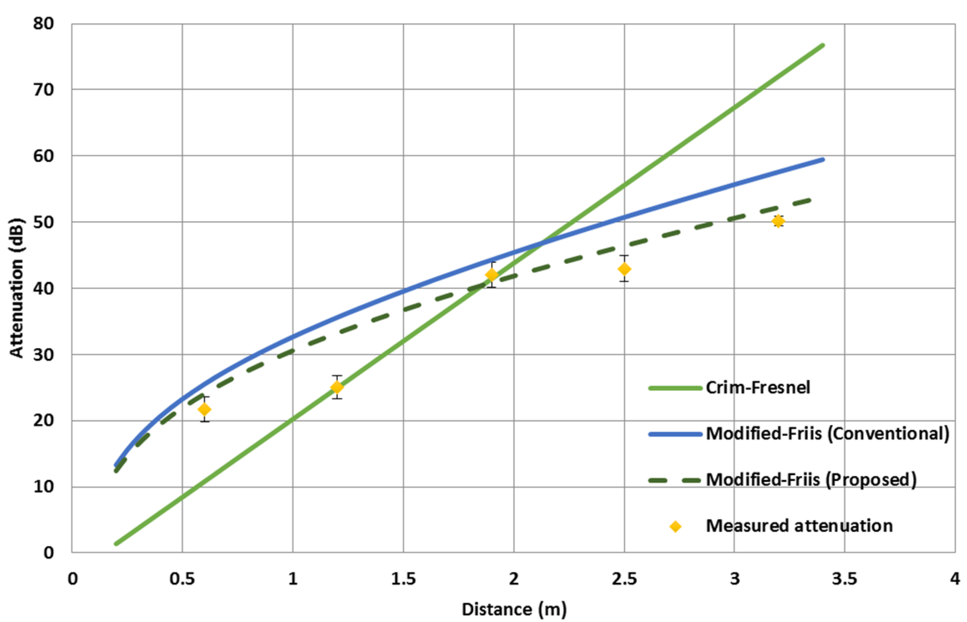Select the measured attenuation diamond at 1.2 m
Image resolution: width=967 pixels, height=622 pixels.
pyautogui.click(x=337, y=387)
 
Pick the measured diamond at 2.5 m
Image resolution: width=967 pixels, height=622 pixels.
pyautogui.click(x=624, y=269)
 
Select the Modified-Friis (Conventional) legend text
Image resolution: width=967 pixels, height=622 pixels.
pyautogui.click(x=827, y=434)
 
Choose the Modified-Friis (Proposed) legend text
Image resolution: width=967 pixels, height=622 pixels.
pyautogui.click(x=811, y=480)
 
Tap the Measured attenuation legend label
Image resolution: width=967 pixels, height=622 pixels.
pyautogui.click(x=799, y=526)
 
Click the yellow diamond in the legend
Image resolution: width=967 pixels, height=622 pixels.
pyautogui.click(x=675, y=527)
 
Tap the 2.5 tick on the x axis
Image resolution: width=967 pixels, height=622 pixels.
pyautogui.click(x=624, y=579)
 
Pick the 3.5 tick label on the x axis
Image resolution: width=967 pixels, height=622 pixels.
pyautogui.click(x=844, y=579)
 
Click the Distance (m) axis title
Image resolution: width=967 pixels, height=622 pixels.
pyautogui.click(x=514, y=609)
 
